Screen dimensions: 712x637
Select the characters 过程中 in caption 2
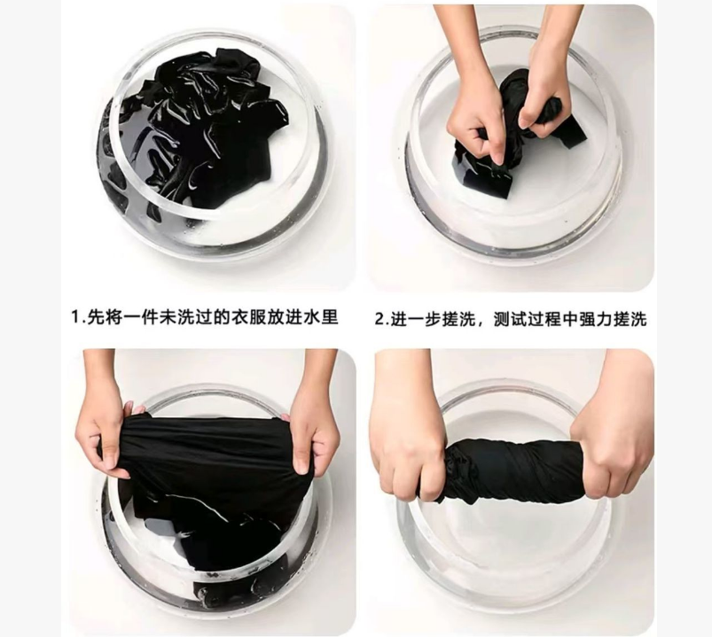pyautogui.click(x=553, y=319)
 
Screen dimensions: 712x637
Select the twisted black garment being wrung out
pyautogui.click(x=513, y=470)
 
